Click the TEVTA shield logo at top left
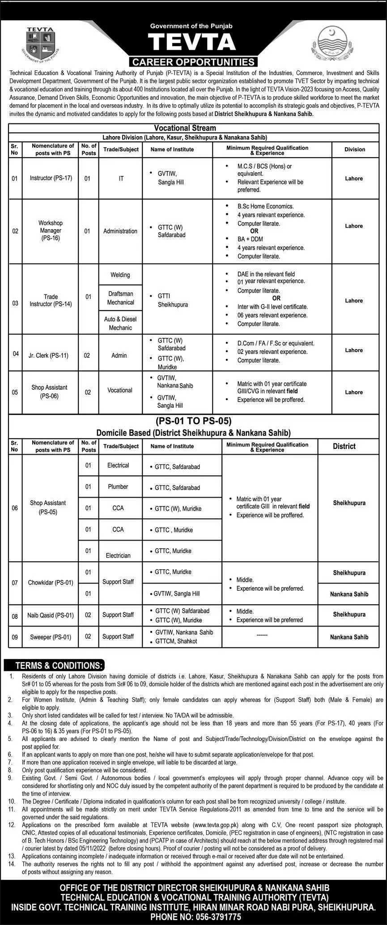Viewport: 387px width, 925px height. click(40, 44)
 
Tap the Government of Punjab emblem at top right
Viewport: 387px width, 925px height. click(332, 43)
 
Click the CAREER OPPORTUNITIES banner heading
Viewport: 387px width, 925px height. click(193, 62)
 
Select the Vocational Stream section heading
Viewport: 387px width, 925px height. click(185, 128)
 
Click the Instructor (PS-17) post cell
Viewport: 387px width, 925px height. click(51, 178)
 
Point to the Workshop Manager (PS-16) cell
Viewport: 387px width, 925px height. click(51, 230)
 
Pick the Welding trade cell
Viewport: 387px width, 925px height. click(120, 275)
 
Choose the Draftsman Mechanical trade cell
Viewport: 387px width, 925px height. click(120, 298)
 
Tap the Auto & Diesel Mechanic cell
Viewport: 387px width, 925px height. click(120, 323)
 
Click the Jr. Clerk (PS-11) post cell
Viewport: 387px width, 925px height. click(50, 355)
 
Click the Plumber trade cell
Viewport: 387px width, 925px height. click(118, 486)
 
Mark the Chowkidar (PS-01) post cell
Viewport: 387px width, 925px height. click(50, 583)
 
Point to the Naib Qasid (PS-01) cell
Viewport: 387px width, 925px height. click(51, 615)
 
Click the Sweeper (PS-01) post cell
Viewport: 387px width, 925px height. click(51, 637)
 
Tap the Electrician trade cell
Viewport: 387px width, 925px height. click(118, 555)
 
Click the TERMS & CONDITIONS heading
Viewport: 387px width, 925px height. click(57, 665)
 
